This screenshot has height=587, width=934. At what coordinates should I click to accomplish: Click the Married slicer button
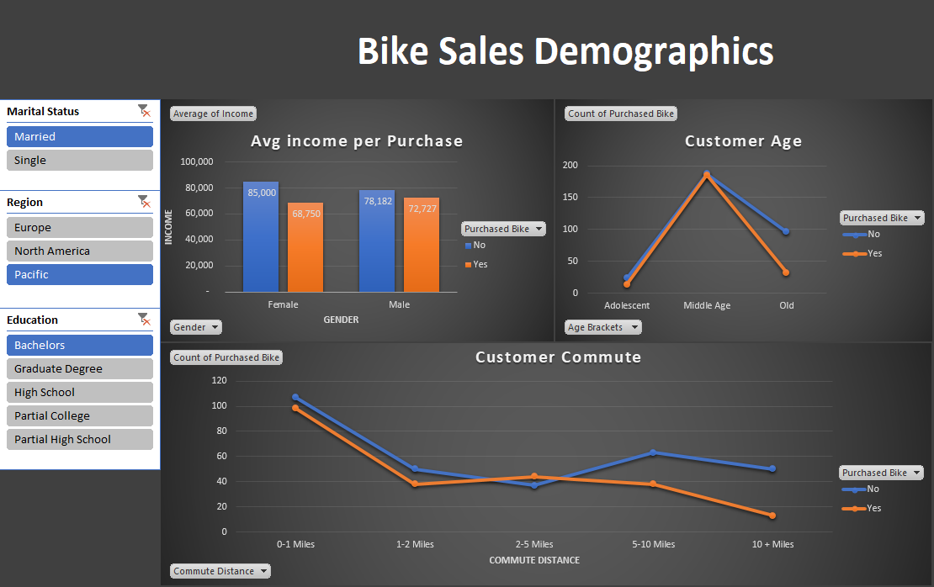[x=79, y=136]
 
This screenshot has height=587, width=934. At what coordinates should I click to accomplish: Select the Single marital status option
[x=79, y=160]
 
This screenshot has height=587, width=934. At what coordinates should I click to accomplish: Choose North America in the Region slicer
[x=79, y=251]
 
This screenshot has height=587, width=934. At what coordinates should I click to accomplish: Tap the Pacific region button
[x=79, y=274]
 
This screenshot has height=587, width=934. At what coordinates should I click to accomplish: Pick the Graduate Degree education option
[x=79, y=368]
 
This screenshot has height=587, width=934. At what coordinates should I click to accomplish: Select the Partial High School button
[x=79, y=439]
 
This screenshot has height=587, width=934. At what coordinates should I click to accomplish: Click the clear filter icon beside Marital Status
[x=144, y=111]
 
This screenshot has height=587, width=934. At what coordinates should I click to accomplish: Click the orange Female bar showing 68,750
[x=305, y=248]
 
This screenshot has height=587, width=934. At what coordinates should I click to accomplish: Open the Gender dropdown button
[x=196, y=327]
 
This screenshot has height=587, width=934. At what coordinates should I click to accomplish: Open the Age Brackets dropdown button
[x=602, y=327]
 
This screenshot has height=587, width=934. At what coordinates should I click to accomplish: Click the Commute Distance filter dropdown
[x=220, y=571]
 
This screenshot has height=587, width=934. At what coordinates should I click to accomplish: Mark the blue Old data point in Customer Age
[x=786, y=231]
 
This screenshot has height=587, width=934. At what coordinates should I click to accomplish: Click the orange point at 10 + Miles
[x=772, y=516]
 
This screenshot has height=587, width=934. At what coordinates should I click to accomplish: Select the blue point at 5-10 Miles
[x=653, y=452]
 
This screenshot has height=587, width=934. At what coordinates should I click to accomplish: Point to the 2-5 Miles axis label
[x=534, y=544]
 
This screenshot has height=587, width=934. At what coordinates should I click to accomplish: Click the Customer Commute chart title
[x=558, y=357]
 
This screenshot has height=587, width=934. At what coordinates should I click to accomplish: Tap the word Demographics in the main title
[x=654, y=51]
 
